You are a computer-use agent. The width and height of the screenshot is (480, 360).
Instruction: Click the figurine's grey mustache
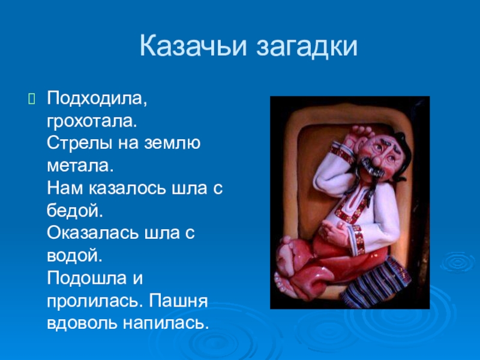coord(367,167)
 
